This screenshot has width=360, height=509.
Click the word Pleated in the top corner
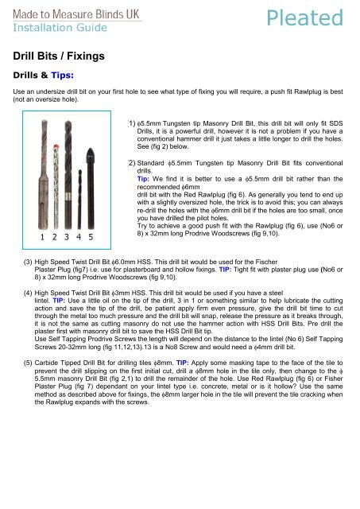tap(304, 17)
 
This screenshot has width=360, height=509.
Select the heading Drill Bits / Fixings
tap(59, 56)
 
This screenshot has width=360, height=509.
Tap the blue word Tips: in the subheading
tap(62, 76)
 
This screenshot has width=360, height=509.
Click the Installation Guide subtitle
tap(60, 28)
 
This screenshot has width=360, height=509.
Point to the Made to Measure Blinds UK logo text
tap(76, 14)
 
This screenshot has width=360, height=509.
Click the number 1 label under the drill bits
tap(42, 237)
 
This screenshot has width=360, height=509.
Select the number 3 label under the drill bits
tap(67, 237)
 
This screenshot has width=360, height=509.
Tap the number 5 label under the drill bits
tap(91, 237)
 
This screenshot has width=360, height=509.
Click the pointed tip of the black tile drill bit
tap(91, 149)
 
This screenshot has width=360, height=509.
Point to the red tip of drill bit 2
tap(56, 146)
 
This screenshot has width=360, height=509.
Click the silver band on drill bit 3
tap(68, 196)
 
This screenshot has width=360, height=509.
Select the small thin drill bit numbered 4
tap(79, 199)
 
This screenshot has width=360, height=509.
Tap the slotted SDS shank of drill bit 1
tap(43, 201)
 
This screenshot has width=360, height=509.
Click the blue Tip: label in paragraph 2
tap(143, 179)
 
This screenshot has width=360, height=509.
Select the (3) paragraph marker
tap(28, 262)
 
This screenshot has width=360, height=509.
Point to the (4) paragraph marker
tap(28, 293)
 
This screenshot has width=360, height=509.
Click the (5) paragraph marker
tap(28, 363)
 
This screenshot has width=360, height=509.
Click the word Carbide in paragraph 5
tap(45, 363)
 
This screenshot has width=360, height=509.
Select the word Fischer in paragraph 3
tap(266, 262)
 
